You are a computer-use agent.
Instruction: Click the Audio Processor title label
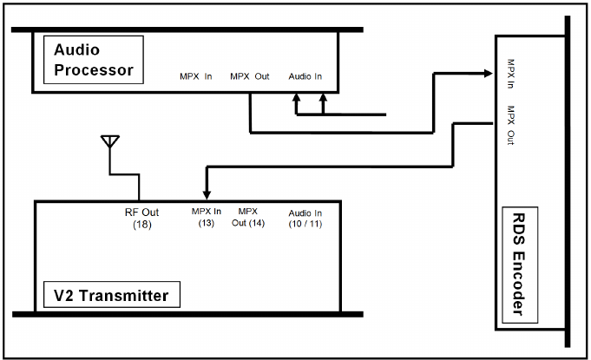[x=94, y=60]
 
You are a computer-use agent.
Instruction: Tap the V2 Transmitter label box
[x=112, y=296]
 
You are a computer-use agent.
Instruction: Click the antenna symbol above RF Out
[x=110, y=141]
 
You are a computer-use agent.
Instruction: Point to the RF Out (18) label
[x=142, y=218]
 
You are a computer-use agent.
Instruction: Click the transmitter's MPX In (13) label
[x=206, y=217]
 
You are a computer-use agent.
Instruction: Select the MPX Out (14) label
[x=248, y=217]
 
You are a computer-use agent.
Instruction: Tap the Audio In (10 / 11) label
[x=305, y=218]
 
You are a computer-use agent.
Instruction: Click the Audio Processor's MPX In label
[x=196, y=76]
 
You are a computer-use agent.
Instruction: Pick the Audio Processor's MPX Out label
[x=250, y=76]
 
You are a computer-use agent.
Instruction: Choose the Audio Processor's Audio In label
[x=305, y=76]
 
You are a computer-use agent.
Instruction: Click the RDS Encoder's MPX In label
[x=512, y=75]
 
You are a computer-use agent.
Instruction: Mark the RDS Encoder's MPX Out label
[x=512, y=122]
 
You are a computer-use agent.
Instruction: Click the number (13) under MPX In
[x=206, y=224]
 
